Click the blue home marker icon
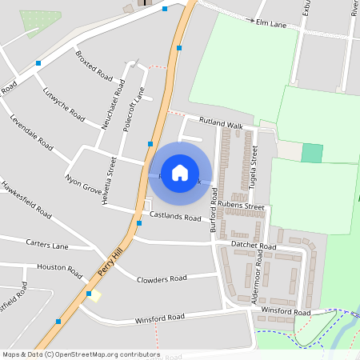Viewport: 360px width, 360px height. click(180, 173)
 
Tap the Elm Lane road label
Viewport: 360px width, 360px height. click(271, 25)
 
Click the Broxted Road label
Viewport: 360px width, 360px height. click(94, 66)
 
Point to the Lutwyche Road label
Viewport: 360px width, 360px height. click(63, 102)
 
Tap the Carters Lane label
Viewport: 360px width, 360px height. click(47, 243)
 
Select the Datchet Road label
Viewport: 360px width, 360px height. click(253, 246)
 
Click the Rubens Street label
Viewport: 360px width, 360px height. click(241, 206)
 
